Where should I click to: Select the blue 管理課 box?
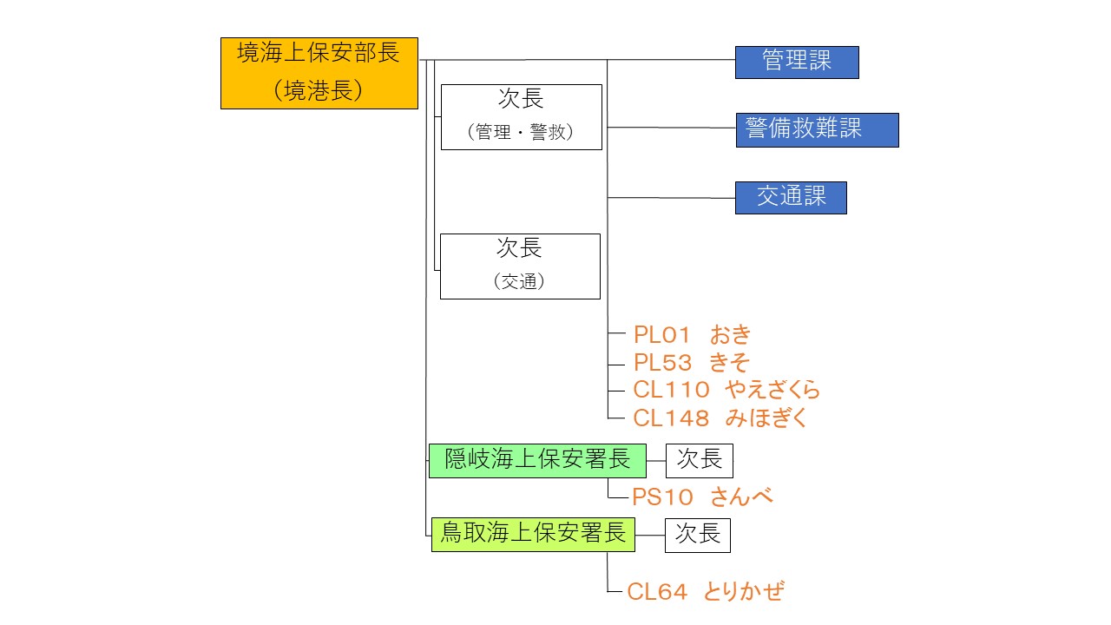coord(796,62)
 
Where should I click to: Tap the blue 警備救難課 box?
coord(817,130)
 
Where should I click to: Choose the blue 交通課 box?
coord(790,198)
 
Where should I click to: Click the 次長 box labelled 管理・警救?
coord(521,117)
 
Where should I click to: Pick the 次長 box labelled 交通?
coord(520,266)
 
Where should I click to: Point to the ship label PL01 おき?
coord(691,335)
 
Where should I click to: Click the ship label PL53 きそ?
coord(690,362)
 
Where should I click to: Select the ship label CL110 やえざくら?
coord(726,390)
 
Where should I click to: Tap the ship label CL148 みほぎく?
coord(720,418)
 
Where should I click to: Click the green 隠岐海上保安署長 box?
coord(537,460)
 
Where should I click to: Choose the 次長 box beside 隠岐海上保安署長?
coord(699,460)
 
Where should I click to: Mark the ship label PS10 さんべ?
coord(701,497)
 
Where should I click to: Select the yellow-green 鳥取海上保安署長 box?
coord(533,534)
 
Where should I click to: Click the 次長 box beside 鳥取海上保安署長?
coord(697,535)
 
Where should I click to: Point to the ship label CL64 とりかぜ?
coord(705,592)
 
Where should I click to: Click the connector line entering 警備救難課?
coord(672,128)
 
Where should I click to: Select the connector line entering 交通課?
coord(672,198)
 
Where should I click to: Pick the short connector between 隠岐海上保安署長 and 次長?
coord(656,461)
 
